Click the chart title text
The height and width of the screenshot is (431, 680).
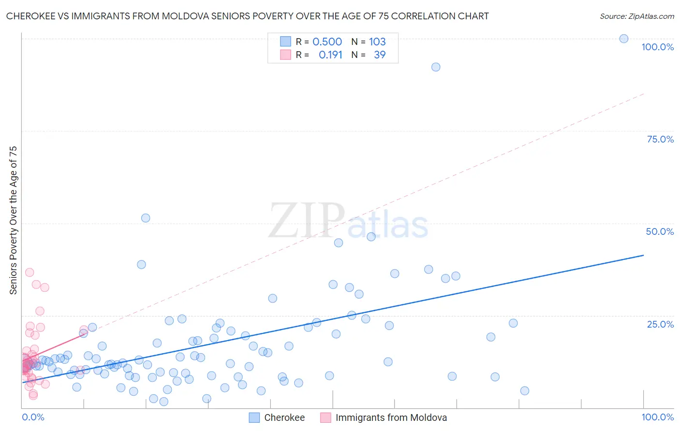coord(247,16)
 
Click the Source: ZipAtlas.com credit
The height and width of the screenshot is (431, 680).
coord(636,16)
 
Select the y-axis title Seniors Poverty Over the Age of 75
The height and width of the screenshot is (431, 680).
coord(13,220)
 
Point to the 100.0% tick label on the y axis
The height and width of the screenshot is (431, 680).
coord(657,47)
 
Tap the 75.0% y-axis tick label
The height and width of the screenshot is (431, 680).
coord(660,139)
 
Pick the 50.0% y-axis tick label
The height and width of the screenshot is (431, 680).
coord(660,231)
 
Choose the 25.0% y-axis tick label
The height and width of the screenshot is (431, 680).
coord(660,324)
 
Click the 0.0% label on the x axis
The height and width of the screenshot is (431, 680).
coord(33,417)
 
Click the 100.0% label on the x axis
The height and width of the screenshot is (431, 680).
coord(657,417)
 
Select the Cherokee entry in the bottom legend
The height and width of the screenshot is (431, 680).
coord(284,417)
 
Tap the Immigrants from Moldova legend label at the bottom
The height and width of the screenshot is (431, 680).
coord(391,417)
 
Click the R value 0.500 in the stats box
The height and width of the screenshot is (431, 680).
coord(327,42)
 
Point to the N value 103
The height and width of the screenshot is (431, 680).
coord(377,42)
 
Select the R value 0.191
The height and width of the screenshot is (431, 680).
coord(330,55)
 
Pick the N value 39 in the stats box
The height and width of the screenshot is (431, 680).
coord(380,55)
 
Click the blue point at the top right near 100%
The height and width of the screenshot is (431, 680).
coord(624,39)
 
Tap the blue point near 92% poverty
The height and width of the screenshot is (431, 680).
coord(436,67)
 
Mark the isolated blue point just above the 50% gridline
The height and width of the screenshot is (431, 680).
coord(146,218)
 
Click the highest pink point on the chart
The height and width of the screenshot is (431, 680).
coord(30,273)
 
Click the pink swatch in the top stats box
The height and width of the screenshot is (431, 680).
coord(285,55)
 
